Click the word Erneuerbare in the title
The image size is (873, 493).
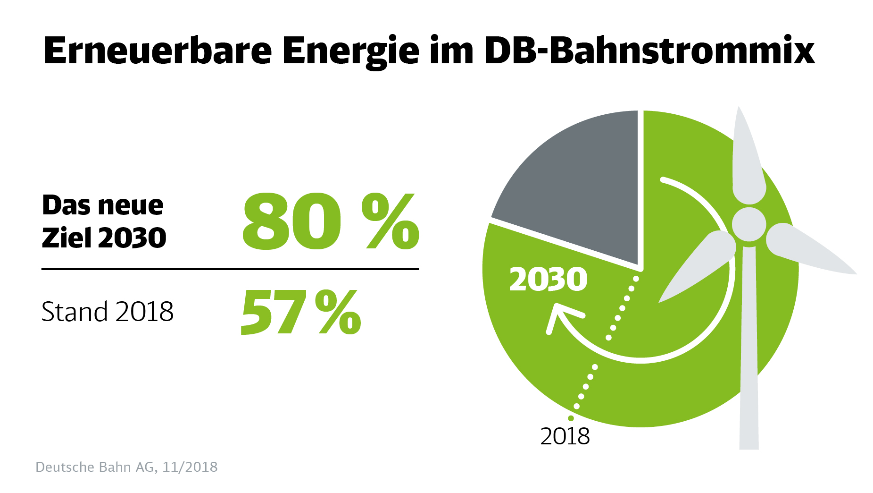(158, 51)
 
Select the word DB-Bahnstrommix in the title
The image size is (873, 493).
(649, 51)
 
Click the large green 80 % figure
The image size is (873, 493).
(330, 222)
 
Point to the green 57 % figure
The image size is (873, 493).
(300, 313)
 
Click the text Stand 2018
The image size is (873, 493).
(108, 312)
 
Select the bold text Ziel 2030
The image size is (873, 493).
(104, 238)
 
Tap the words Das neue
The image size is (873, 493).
(103, 205)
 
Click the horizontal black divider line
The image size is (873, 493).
(230, 269)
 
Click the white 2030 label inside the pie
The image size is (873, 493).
(548, 280)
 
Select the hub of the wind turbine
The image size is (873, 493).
(749, 224)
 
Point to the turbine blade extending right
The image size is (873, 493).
(806, 250)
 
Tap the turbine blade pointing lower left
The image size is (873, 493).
(698, 267)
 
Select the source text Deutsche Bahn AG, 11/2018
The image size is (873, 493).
(126, 467)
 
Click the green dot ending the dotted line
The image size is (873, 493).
(571, 418)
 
